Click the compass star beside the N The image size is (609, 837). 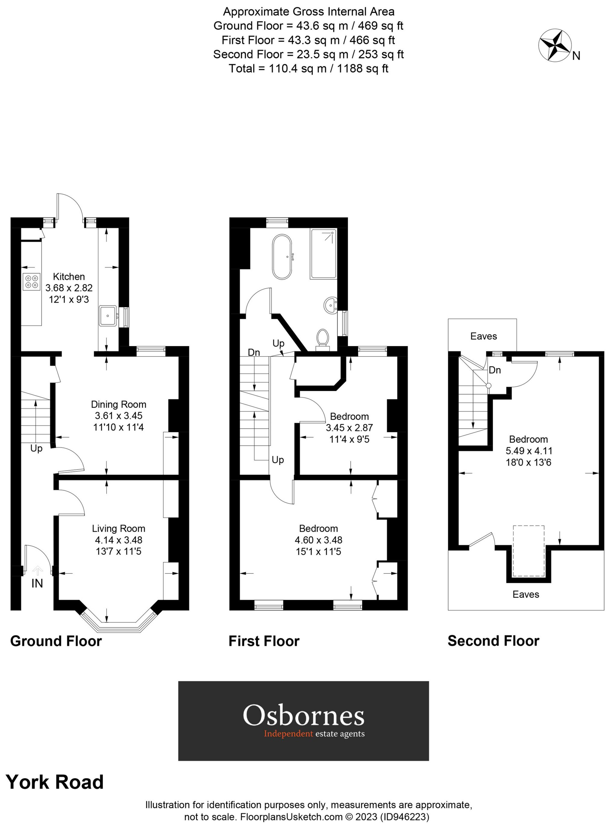pos(555,46)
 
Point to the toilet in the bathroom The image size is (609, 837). pos(322,338)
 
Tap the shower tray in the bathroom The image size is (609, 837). pos(323,253)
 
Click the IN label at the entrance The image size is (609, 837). pos(37,584)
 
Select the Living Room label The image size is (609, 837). pos(118,529)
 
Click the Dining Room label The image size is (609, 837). pos(118,405)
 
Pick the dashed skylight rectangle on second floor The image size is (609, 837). pos(529,550)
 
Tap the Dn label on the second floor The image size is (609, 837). pos(495,370)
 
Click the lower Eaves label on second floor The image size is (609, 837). pos(526,594)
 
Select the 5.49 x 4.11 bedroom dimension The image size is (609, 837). pos(529,451)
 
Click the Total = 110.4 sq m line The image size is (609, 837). pos(308,69)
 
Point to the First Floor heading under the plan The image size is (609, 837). pos(264,641)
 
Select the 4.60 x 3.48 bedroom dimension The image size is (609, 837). pos(318,540)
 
